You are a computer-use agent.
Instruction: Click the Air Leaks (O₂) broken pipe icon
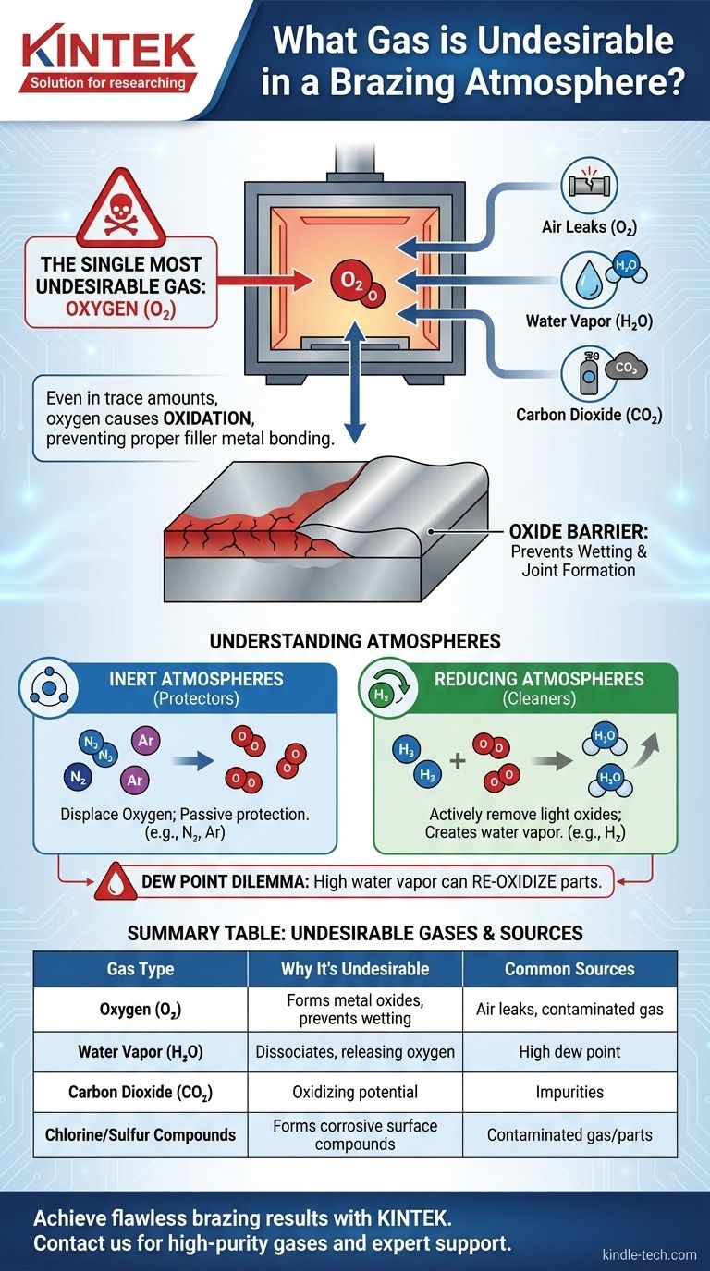click(x=588, y=184)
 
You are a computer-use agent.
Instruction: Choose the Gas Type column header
click(x=141, y=969)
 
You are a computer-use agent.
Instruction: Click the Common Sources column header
click(x=569, y=969)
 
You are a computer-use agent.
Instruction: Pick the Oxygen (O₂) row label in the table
click(x=141, y=1010)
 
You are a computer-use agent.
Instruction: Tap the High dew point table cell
click(x=569, y=1050)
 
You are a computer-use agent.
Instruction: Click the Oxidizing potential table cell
click(x=355, y=1091)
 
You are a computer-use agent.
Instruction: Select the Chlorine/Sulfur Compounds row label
click(x=141, y=1134)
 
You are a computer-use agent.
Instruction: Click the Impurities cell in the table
click(x=569, y=1091)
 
